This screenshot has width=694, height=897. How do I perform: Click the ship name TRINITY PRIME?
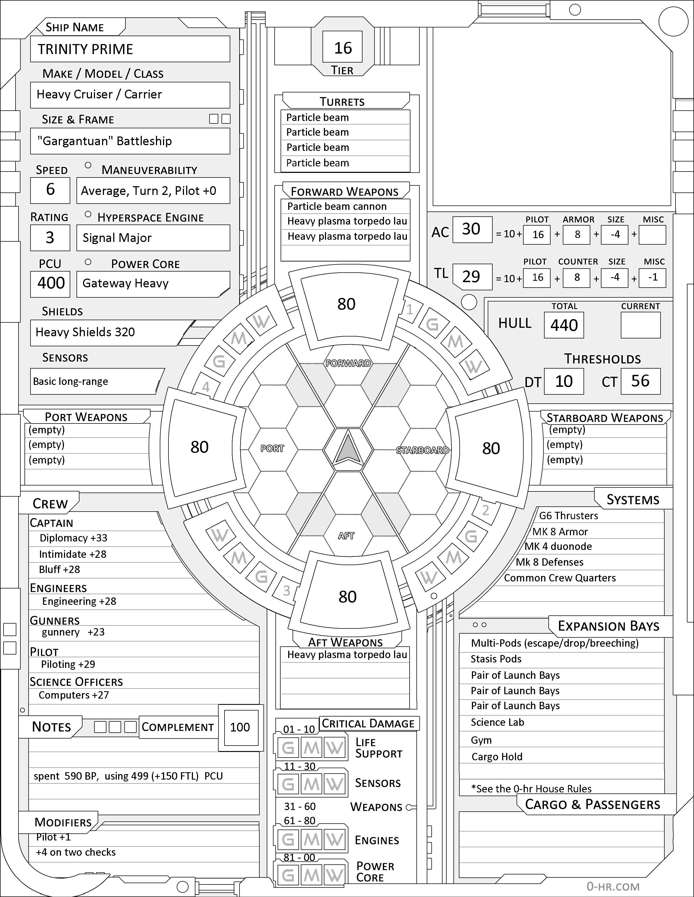[x=85, y=49]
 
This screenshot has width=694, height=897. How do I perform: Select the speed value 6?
[x=50, y=189]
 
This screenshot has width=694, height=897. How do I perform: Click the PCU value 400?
[x=51, y=283]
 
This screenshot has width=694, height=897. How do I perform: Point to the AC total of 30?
[x=471, y=229]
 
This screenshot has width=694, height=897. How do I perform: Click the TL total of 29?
[x=471, y=277]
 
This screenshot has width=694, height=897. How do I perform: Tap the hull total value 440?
[x=564, y=325]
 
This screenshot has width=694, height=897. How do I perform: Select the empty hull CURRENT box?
[x=640, y=325]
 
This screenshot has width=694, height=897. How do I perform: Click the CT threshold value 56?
[x=640, y=381]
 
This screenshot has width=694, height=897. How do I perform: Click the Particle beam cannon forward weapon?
[x=337, y=206]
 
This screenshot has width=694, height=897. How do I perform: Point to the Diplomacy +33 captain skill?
[x=73, y=538]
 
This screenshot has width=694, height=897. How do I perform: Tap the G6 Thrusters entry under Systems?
[x=569, y=516]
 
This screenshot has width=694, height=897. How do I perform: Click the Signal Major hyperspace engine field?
[x=117, y=238]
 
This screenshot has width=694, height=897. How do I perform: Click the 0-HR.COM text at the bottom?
[x=613, y=887]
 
